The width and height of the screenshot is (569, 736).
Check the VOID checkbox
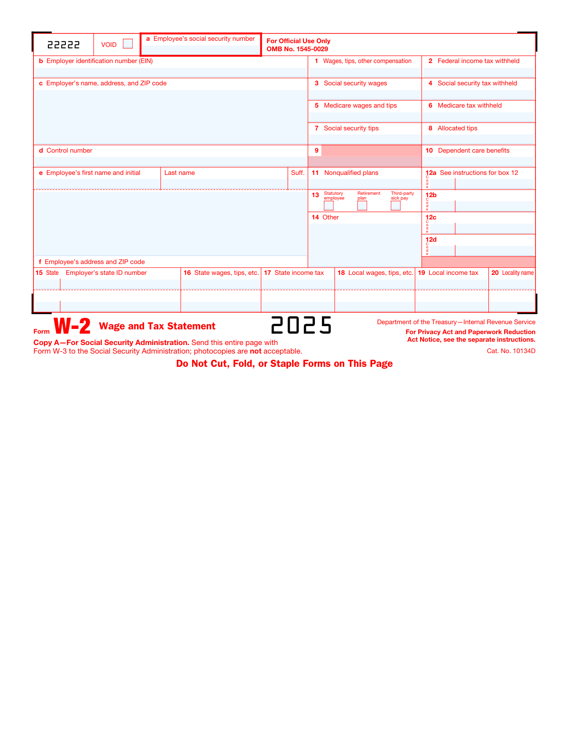pos(128,44)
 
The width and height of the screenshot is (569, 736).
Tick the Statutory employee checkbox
pos(329,206)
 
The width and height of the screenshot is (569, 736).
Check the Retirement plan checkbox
pos(362,206)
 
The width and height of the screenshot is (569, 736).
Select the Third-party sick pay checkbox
pos(395,206)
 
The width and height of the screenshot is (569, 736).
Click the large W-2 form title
pos(72,326)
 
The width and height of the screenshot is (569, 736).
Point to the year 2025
pos(301,325)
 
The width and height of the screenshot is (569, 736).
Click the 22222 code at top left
pos(64,45)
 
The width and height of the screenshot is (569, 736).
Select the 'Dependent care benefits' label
pos(473,151)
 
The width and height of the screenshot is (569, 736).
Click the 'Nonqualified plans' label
pos(351,173)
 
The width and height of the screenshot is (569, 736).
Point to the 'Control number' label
pos(69,151)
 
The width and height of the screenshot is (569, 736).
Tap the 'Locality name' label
pos(517,273)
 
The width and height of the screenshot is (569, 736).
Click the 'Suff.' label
pos(297,173)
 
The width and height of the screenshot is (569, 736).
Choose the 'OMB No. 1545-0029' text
pos(297,49)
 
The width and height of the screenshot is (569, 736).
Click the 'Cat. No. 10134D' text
pos(511,351)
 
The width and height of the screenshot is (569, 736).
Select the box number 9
pos(316,151)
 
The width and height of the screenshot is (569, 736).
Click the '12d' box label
pos(431,240)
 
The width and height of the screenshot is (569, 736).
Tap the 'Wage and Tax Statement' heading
pos(157,326)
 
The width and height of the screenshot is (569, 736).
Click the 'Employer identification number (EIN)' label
pos(99,61)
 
